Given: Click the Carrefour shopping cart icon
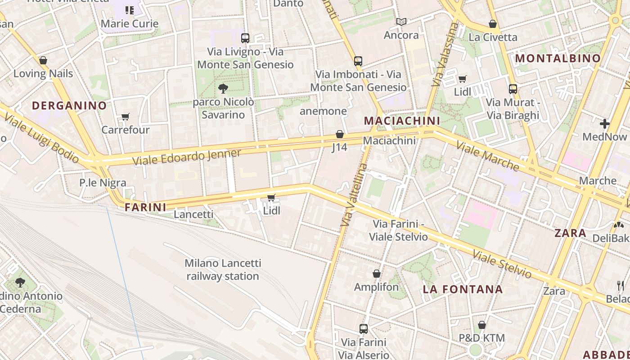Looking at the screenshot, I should point(126,117).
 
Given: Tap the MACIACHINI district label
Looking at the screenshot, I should point(401,121).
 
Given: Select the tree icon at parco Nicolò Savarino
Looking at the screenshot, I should point(223,89).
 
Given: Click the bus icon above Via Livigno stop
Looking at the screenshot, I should point(245,38).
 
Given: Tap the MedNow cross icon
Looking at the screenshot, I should point(604,123).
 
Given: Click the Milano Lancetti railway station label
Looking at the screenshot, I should point(223,270).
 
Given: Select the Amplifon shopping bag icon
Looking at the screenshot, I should point(377,274).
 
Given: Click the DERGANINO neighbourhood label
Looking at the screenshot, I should point(69,106).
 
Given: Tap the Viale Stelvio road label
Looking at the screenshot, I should point(502,264).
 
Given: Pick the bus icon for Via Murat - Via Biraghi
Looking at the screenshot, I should point(513,89).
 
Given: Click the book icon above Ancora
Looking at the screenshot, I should point(401,22).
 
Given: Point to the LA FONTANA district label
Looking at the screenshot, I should point(463,289).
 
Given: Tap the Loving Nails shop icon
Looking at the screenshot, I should point(43,60).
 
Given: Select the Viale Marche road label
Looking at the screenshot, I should point(488,156).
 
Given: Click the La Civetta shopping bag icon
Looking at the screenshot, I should point(493,24).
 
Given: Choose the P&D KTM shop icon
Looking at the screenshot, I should point(482,324).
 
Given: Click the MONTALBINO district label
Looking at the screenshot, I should point(558,58).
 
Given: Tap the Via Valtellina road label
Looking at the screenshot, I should point(355,194).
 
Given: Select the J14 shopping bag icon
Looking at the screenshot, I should point(340,134).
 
